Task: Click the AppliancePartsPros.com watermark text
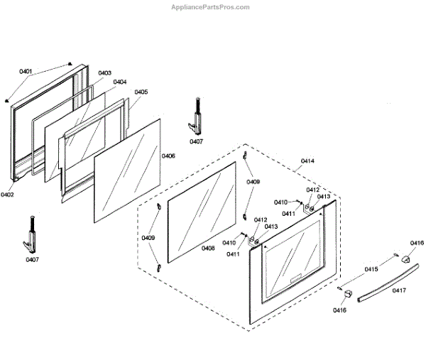(x=212, y=7)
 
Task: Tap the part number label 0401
(x=26, y=72)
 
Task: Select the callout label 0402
(x=8, y=195)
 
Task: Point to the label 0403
(x=104, y=73)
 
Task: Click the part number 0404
(x=119, y=82)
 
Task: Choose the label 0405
(x=141, y=92)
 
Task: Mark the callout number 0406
(x=168, y=156)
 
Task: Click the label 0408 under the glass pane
(x=208, y=249)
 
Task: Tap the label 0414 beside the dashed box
(x=307, y=162)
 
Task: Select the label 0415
(x=371, y=270)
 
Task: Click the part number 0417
(x=399, y=290)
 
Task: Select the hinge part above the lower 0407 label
(x=32, y=234)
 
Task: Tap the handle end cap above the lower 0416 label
(x=346, y=293)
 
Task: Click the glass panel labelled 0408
(x=202, y=209)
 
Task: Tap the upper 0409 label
(x=253, y=182)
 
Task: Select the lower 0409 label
(x=148, y=238)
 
